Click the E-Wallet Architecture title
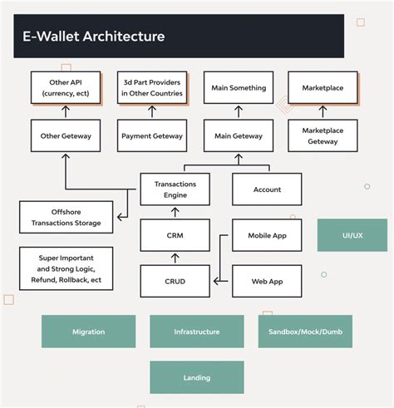point(93,37)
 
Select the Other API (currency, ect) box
point(66,87)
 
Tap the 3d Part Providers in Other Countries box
point(152,87)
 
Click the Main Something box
point(239,87)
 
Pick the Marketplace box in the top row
point(322,87)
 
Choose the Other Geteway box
point(66,135)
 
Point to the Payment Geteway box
point(152,135)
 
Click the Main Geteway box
point(239,135)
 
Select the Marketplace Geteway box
point(322,135)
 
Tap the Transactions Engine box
point(175,189)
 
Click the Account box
point(267,189)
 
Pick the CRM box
point(175,235)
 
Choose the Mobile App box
point(267,235)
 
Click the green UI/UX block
point(352,235)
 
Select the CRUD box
point(175,281)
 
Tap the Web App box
point(267,281)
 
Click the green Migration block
point(89,332)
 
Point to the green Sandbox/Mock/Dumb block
point(305,332)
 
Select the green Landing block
point(197,377)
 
